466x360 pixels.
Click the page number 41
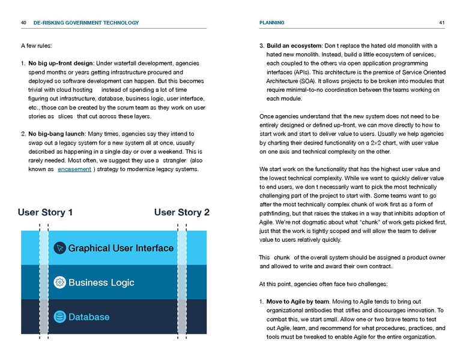[441, 23]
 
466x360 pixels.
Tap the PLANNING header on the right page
[271, 23]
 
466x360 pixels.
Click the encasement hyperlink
[74, 169]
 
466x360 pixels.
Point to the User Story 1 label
[46, 212]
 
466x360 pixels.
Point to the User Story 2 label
[182, 212]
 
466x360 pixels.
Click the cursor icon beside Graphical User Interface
[59, 248]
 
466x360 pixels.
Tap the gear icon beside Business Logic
[59, 283]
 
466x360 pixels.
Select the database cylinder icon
[59, 317]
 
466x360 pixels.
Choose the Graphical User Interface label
[121, 248]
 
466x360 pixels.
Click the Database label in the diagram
[89, 317]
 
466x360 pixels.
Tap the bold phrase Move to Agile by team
[298, 301]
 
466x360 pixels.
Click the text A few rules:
[36, 46]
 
